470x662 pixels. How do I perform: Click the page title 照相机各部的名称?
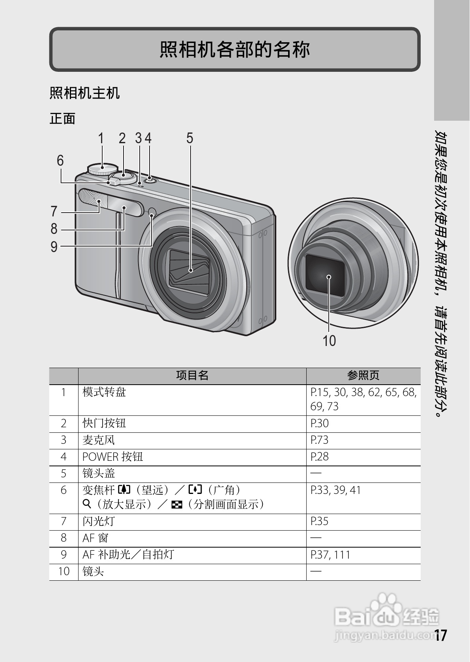click(234, 50)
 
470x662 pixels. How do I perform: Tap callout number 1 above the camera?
click(101, 138)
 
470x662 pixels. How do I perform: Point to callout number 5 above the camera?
click(190, 138)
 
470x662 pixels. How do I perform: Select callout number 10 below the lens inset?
click(329, 341)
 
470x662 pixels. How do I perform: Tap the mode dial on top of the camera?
click(103, 169)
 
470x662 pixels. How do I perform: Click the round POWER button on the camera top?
click(150, 181)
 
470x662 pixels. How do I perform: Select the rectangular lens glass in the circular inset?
click(325, 275)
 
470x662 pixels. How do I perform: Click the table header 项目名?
click(192, 376)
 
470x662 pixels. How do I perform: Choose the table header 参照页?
click(363, 376)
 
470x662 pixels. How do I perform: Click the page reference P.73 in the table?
click(319, 440)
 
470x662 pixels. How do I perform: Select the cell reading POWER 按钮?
click(112, 457)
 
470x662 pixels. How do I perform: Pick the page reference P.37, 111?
click(330, 555)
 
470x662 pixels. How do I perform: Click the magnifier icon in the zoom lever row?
click(86, 504)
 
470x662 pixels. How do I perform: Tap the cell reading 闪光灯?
click(98, 522)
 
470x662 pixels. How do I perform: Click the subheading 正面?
click(62, 119)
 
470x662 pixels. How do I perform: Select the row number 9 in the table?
click(64, 555)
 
